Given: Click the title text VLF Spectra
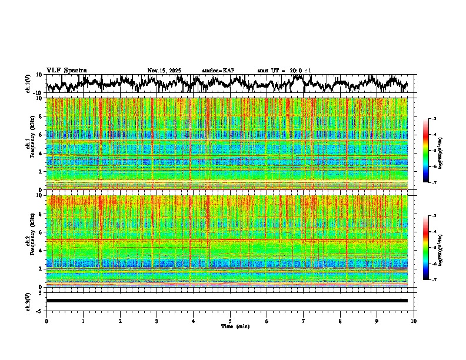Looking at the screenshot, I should pos(66,71).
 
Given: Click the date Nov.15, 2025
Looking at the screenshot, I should pos(164,71).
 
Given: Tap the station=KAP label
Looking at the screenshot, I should pos(218,71).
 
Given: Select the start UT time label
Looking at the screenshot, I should pos(284,71).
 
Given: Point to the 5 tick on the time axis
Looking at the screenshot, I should pos(230,321).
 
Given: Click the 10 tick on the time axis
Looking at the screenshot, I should pos(414,321).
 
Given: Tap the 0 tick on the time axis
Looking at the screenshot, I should pos(46,321).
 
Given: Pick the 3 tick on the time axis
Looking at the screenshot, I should pos(157,321).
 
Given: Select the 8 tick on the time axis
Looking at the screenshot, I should pos(340,321).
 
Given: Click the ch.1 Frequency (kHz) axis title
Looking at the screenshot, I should pos(30,144).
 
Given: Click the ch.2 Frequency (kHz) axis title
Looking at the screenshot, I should pos(30,241).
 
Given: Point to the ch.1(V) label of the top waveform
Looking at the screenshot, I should pos(28,84).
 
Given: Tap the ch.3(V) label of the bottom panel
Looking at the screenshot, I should pos(28,300).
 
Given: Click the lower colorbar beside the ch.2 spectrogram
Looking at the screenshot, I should pos(425,248).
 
